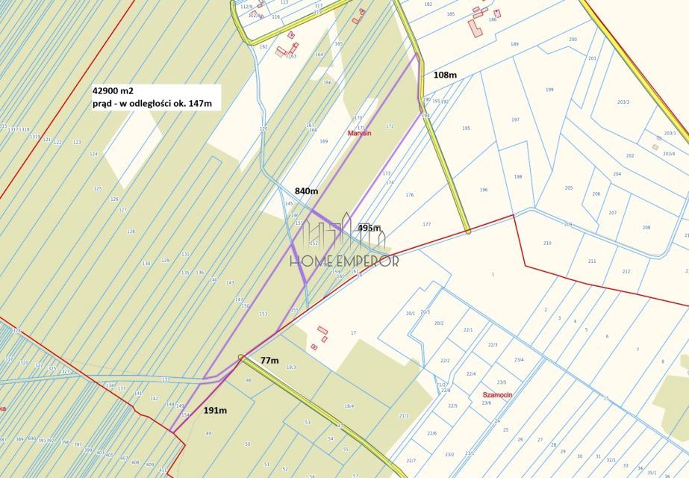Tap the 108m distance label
click(446, 75)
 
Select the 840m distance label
click(306, 191)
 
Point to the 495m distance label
click(370, 228)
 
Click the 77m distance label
click(269, 361)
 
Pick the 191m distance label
click(216, 410)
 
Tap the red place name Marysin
click(360, 134)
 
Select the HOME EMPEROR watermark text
click(344, 261)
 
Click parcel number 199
click(549, 90)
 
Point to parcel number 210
click(547, 243)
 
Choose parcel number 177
click(426, 224)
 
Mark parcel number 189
click(514, 44)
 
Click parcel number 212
click(626, 272)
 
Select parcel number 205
click(569, 188)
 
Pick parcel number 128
click(131, 232)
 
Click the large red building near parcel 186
click(476, 28)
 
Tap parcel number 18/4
click(349, 406)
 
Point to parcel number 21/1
click(404, 415)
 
